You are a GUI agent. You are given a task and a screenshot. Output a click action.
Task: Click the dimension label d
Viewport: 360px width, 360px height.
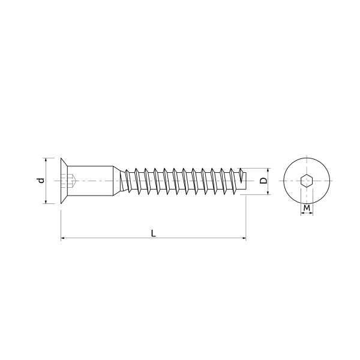tap(41, 181)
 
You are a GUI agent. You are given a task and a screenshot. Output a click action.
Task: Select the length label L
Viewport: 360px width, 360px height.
tap(154, 233)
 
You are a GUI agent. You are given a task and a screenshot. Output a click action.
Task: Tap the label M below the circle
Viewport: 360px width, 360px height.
tap(307, 208)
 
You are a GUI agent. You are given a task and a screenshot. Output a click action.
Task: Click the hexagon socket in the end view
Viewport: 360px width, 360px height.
tap(307, 181)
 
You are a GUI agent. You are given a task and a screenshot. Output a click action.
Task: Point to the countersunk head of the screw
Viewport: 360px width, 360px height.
tap(64, 181)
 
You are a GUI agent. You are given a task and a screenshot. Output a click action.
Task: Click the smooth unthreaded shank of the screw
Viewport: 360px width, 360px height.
tap(90, 181)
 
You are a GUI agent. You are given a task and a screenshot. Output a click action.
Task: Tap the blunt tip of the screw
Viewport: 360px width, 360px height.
tap(244, 181)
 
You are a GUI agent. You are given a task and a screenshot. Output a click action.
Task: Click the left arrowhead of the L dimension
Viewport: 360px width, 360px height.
tap(62, 238)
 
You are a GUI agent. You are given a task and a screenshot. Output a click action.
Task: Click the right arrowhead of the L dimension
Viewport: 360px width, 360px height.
tap(244, 238)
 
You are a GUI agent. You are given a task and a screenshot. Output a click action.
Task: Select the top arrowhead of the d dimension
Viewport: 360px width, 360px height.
tap(46, 160)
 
